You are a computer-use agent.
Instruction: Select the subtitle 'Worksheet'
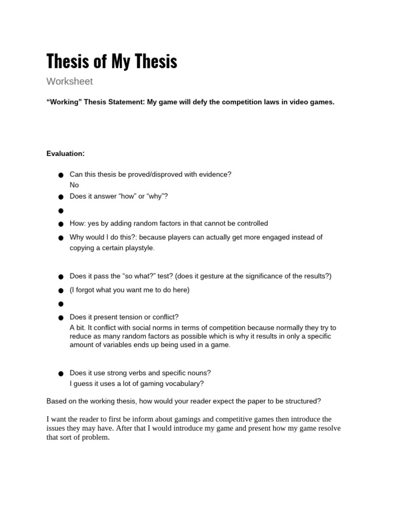69,81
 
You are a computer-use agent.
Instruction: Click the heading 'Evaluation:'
65,153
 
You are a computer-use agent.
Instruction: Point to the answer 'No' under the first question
75,185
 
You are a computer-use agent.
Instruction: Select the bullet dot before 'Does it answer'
61,197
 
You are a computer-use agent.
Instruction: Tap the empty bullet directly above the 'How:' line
61,210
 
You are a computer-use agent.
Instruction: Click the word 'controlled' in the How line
251,223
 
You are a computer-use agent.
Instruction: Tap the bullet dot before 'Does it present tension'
61,318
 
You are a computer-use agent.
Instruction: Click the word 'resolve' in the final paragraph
329,428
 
